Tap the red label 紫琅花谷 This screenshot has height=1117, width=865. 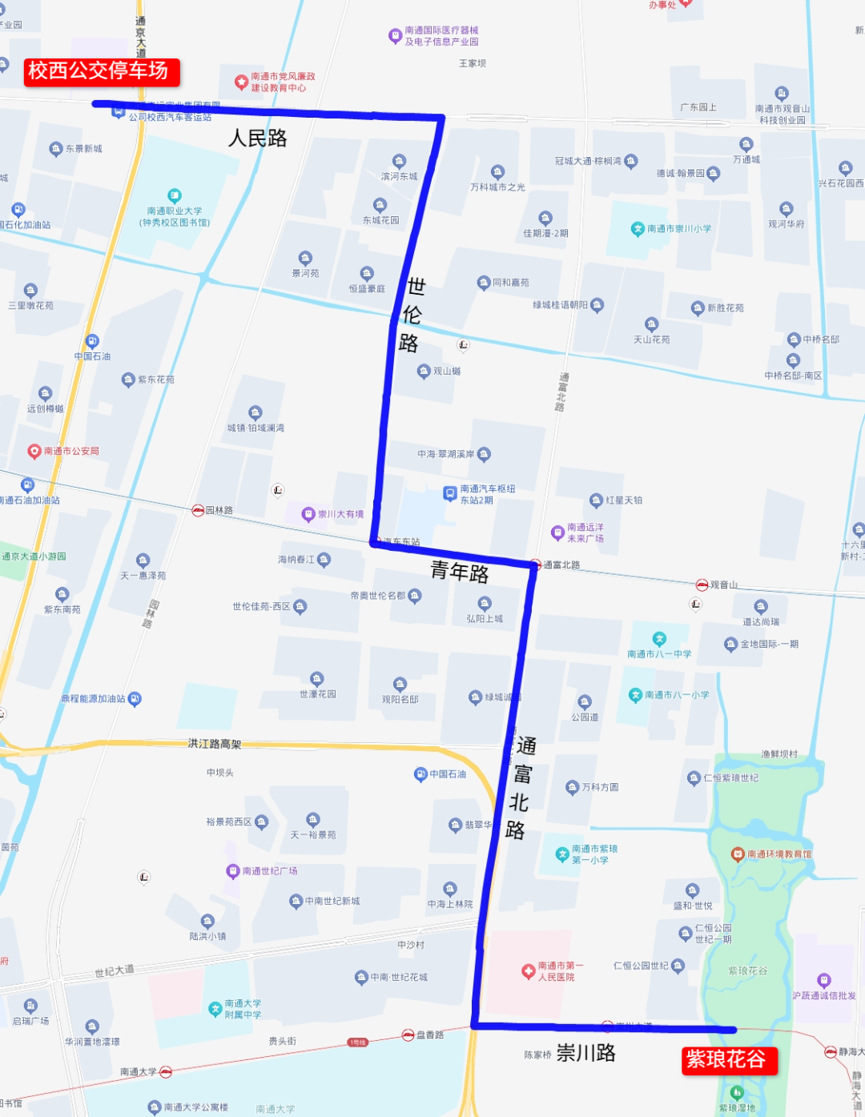(x=726, y=1060)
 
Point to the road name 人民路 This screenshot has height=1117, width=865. (x=258, y=139)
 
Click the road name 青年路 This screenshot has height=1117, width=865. (x=460, y=572)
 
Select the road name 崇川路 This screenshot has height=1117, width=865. (x=586, y=1053)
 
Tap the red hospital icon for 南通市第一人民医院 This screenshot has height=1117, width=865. (x=528, y=971)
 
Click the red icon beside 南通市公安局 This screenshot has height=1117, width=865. (x=34, y=452)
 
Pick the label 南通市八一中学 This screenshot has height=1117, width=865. (x=659, y=654)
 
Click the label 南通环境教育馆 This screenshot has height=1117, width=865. (x=778, y=854)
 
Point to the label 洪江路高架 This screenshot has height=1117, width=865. (x=215, y=744)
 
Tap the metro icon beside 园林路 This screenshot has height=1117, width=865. (x=198, y=510)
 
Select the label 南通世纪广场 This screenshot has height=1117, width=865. (x=270, y=870)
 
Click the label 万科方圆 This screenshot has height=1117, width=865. (x=600, y=787)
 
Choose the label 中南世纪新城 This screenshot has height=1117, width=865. (x=332, y=901)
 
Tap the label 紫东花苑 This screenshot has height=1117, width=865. (x=155, y=380)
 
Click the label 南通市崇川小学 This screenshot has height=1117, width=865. (x=679, y=229)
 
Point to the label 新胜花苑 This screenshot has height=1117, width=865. (x=725, y=307)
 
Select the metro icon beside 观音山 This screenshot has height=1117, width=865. (x=702, y=585)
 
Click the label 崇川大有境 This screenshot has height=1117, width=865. (x=340, y=514)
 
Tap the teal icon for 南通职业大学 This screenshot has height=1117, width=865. (x=175, y=195)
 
